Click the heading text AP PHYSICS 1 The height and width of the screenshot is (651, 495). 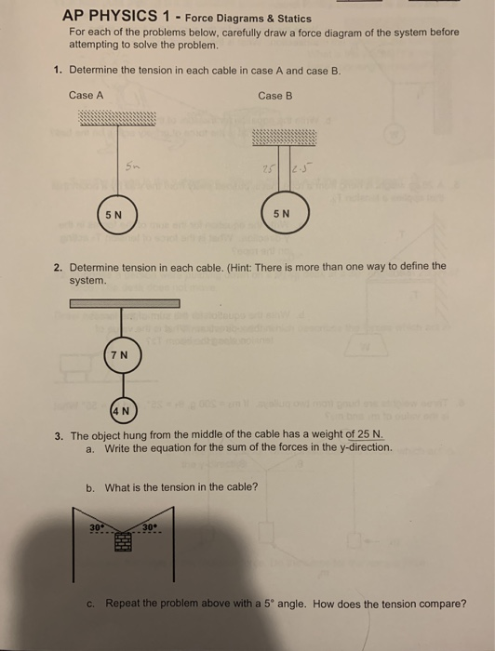[119, 18]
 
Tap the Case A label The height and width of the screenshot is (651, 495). [86, 96]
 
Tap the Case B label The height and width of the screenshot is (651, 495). [275, 96]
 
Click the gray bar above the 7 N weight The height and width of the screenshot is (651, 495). [124, 303]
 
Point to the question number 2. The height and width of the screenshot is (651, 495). [58, 266]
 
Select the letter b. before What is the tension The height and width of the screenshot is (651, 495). [89, 487]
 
